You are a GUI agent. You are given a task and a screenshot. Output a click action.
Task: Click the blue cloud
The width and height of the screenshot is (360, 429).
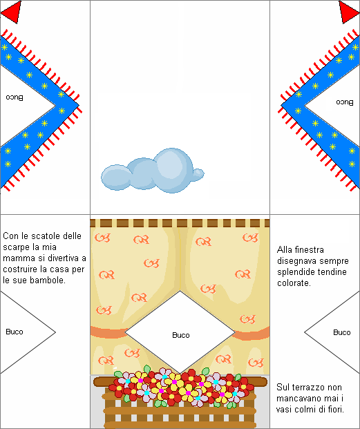click(152, 171)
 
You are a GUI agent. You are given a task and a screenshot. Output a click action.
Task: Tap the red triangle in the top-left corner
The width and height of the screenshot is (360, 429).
click(13, 12)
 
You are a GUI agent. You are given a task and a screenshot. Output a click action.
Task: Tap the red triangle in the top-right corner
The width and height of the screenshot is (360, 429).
click(348, 12)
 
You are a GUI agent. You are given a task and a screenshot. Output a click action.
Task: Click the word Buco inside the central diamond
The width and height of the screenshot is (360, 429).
click(181, 335)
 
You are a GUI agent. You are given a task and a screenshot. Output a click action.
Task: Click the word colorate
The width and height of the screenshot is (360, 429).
click(294, 283)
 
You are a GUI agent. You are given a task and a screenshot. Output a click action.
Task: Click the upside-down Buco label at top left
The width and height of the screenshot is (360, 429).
click(15, 97)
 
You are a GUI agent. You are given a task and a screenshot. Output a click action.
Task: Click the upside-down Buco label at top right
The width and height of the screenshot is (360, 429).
click(345, 102)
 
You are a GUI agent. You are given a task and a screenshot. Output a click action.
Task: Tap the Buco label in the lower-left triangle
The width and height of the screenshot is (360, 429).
click(15, 332)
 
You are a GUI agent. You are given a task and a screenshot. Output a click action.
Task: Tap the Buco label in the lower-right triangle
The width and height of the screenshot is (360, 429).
click(342, 332)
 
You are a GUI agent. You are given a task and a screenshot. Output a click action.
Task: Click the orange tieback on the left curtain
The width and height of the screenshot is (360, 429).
click(108, 332)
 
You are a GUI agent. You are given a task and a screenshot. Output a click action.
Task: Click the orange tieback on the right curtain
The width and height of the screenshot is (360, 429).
click(252, 334)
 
